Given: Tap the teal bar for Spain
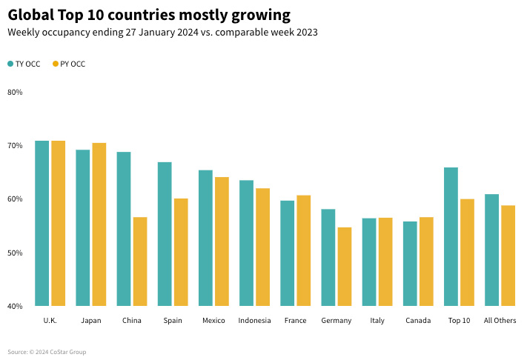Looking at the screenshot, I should click(165, 234).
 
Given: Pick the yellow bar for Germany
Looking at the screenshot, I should click(345, 267).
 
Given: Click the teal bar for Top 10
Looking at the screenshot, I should click(451, 237).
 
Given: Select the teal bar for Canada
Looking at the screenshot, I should click(410, 264).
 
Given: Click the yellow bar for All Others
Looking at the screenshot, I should click(508, 256).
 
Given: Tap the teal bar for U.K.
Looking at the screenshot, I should click(42, 223).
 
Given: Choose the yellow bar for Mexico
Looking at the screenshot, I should click(222, 241).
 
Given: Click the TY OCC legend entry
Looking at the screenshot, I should click(24, 64).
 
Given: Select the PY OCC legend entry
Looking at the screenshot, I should click(69, 64).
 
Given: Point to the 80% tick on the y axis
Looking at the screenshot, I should click(15, 92).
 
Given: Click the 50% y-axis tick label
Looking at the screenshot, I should click(15, 253).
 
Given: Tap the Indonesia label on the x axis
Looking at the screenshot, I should click(254, 321).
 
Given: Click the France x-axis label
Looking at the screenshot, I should click(295, 321).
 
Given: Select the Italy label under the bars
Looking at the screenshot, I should click(377, 321).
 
